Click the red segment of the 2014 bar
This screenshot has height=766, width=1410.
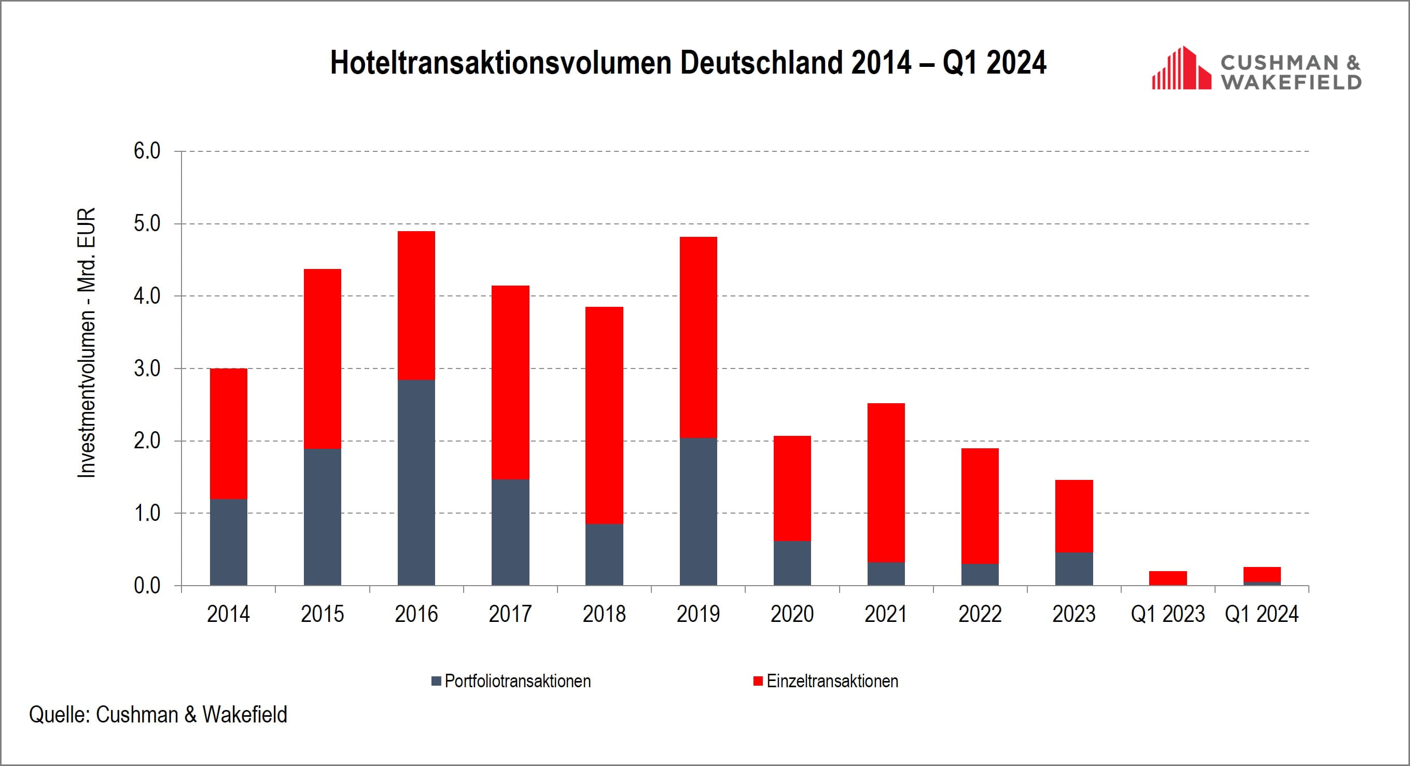point(228,433)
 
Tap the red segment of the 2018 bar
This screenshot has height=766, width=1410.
point(604,415)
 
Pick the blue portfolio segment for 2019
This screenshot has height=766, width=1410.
point(698,512)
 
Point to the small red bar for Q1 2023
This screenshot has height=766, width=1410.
point(1167,578)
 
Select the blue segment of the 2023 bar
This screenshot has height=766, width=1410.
point(1073,569)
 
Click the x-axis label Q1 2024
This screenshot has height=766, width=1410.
point(1261,614)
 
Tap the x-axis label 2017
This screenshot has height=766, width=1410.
point(510,614)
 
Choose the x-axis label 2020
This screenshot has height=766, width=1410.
point(791,614)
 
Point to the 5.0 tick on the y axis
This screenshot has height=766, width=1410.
point(147,224)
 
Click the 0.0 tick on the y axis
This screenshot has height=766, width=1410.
point(147,586)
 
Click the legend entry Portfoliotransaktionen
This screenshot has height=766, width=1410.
point(517,681)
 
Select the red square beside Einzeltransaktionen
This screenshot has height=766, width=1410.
point(758,681)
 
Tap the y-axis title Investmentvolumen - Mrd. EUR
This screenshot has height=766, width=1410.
point(87,343)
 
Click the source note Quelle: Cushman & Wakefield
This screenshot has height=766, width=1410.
point(158,715)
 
